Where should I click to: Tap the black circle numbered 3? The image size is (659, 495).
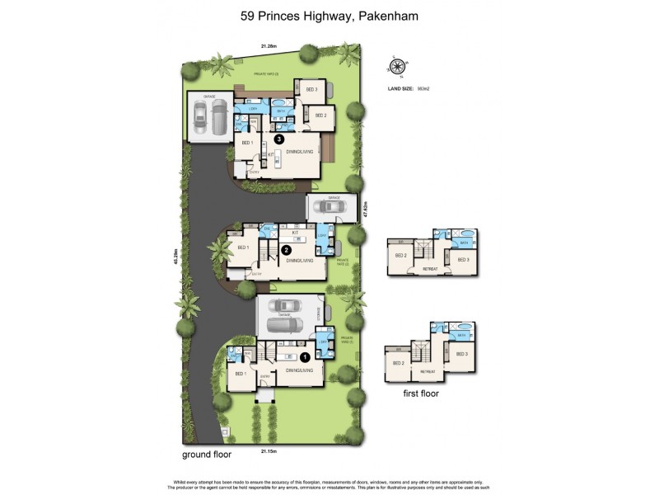click(279, 140)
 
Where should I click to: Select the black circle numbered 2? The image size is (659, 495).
click(286, 248)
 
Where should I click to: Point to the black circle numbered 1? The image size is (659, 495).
click(304, 357)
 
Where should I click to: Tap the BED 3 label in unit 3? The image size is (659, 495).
click(311, 89)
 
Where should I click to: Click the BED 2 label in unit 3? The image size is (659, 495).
click(320, 115)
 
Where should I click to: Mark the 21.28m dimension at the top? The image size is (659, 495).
click(269, 46)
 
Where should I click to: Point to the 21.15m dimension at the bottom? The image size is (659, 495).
click(269, 451)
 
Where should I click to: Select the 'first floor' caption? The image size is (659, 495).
click(421, 394)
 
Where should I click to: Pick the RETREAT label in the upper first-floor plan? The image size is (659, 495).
click(428, 267)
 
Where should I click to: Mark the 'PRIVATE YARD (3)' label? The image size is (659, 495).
click(266, 75)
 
